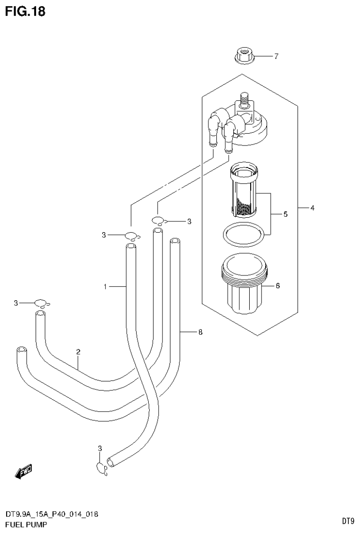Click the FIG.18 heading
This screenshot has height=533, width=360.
(25, 11)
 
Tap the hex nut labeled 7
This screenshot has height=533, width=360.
(242, 57)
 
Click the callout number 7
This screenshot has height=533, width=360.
(276, 57)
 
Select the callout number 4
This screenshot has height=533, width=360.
(312, 207)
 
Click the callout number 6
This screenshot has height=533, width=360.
(277, 285)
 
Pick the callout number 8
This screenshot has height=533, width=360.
(200, 332)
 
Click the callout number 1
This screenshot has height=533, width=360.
(106, 286)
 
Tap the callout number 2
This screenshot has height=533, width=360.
(78, 352)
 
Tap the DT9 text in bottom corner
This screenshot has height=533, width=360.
(347, 521)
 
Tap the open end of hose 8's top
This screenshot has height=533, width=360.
(175, 241)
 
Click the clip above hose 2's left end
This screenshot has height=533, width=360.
(41, 303)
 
